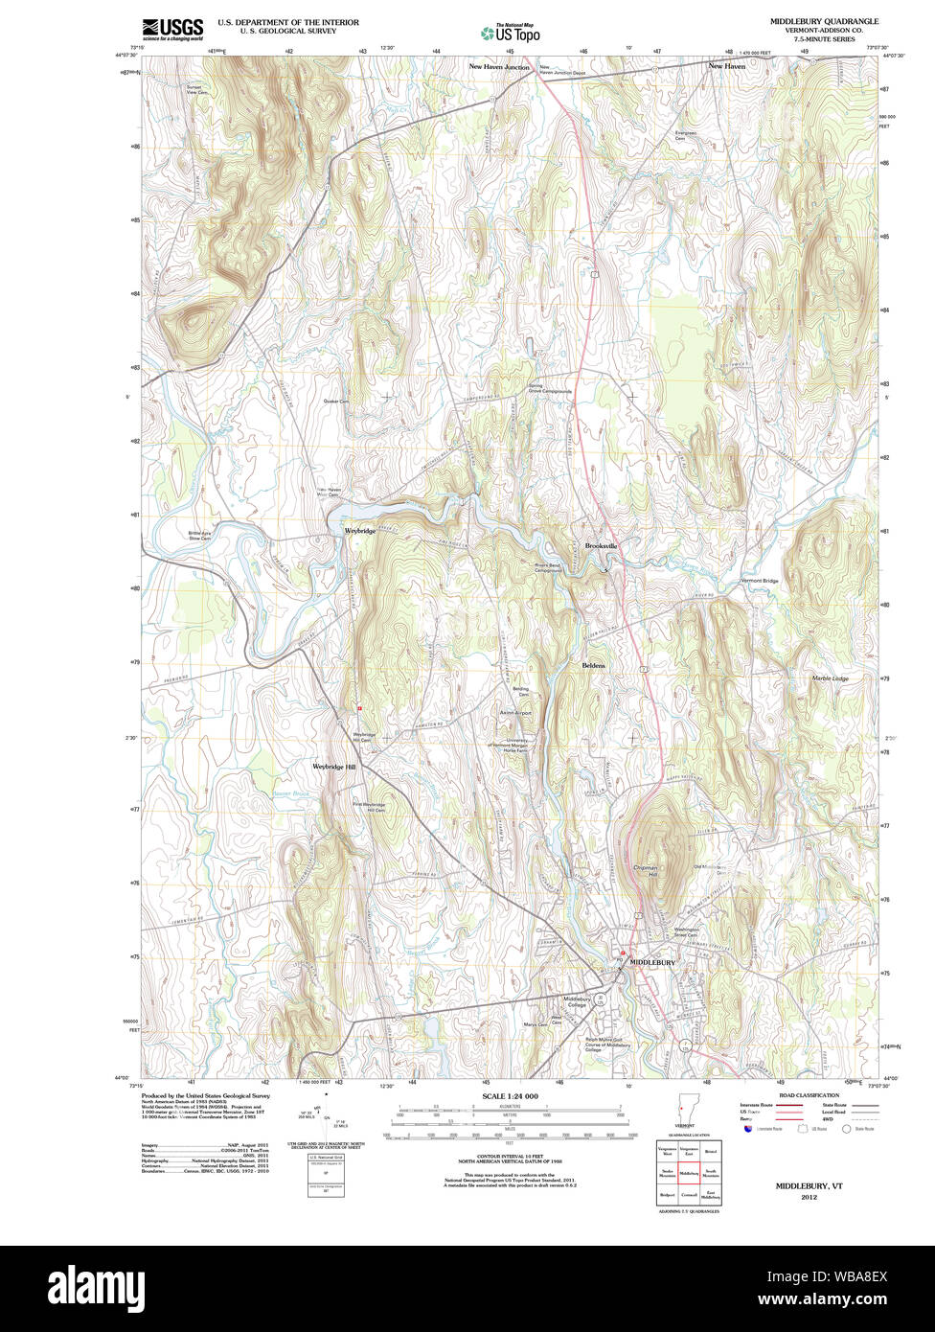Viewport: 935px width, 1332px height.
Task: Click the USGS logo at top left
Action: point(172,30)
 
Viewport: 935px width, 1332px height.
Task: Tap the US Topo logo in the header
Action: point(510,33)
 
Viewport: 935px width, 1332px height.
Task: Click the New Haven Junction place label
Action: point(499,67)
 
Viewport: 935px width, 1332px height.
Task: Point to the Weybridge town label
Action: point(360,530)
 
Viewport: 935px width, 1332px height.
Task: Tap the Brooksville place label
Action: point(602,545)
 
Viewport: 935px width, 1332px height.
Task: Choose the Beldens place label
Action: point(593,664)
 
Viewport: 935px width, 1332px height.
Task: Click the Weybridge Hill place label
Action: point(333,768)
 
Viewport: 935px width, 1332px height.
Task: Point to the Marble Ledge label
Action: point(830,678)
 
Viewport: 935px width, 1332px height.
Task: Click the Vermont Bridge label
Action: point(759,581)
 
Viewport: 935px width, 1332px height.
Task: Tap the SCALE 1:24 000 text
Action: point(510,1096)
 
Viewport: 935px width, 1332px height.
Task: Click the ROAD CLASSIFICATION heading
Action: point(809,1095)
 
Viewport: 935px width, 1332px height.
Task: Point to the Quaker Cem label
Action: point(336,402)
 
